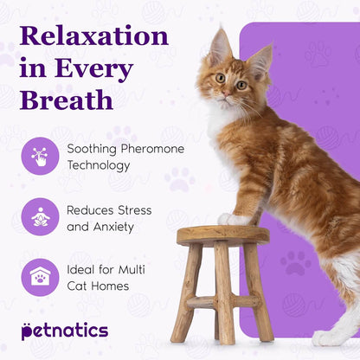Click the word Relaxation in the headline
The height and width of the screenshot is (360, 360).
(x=93, y=35)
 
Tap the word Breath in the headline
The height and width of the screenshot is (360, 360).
(x=67, y=98)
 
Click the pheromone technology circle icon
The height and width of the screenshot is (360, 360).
(x=40, y=156)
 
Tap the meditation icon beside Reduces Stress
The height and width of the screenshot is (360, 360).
(x=40, y=217)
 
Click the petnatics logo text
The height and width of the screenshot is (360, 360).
(x=65, y=330)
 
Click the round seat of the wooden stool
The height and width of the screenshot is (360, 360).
(x=223, y=235)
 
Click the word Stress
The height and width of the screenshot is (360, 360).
(x=134, y=210)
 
